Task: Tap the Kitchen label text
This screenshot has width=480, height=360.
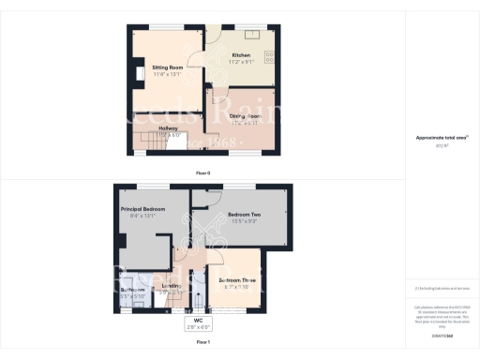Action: click(242, 55)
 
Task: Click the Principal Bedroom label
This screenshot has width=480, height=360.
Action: click(143, 208)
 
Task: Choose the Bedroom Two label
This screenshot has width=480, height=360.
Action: click(244, 215)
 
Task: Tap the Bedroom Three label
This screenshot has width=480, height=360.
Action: click(237, 280)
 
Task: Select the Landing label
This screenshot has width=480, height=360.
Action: click(171, 286)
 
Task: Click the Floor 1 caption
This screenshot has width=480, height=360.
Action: click(202, 343)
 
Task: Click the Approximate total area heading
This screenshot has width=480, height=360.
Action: click(442, 138)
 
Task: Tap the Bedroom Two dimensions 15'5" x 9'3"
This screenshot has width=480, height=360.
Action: click(244, 222)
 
